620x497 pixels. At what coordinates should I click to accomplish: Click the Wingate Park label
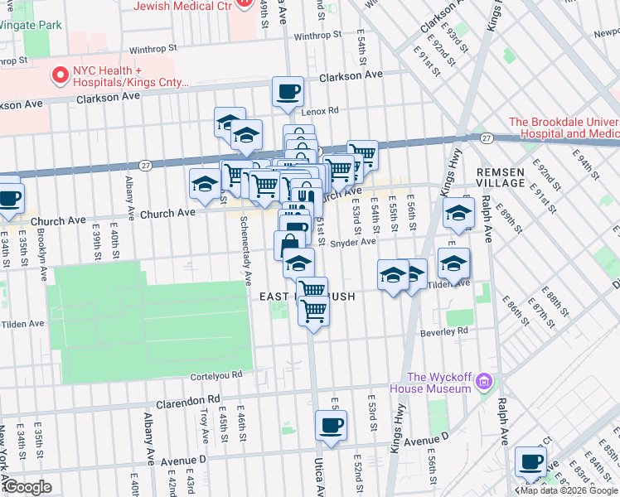(x=31, y=25)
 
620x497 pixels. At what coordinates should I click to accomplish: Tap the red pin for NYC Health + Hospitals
(x=60, y=75)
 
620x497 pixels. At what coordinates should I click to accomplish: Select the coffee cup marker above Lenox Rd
(x=288, y=93)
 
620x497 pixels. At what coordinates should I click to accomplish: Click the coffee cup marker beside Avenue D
(x=331, y=427)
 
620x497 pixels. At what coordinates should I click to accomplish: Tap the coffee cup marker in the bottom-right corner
(x=530, y=462)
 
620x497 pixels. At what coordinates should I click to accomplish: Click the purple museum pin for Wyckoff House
(x=484, y=382)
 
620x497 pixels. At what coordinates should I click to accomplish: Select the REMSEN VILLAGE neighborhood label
(x=501, y=177)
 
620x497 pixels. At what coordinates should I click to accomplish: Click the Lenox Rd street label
(x=319, y=110)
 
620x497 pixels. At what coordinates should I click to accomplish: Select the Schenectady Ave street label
(x=245, y=251)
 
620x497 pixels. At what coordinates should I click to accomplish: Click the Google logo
(x=27, y=487)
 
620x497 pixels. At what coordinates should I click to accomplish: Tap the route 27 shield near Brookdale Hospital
(x=487, y=138)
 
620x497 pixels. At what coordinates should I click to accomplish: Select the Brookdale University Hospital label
(x=564, y=128)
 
